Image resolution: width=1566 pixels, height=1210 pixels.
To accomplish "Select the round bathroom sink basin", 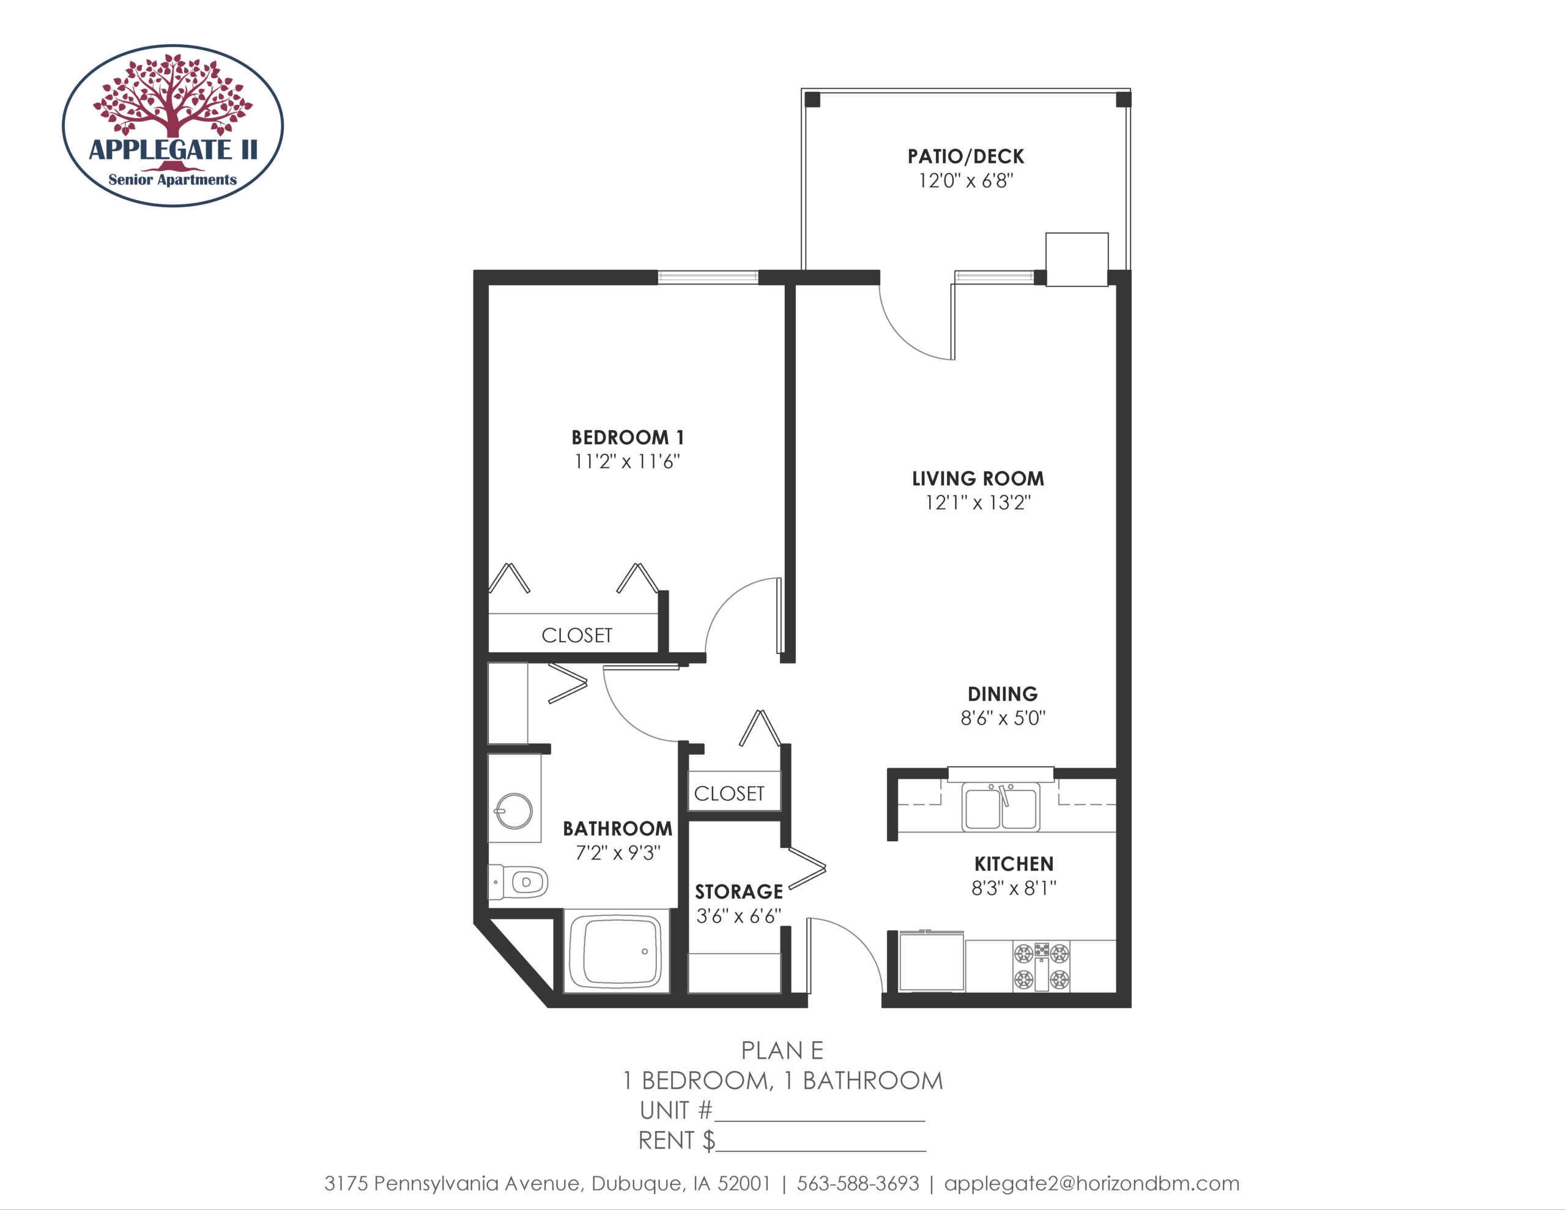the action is pos(514,811).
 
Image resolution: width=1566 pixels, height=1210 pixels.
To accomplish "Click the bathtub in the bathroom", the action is pos(616,951).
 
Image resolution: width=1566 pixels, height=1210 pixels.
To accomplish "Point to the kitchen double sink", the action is pos(1001,807).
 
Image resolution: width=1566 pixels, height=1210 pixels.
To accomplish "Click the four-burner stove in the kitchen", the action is pos(1041,966).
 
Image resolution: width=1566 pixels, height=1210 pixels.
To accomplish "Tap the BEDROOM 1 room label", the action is pos(628,437).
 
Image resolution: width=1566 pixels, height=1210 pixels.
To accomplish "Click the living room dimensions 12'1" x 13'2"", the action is pos(978,502).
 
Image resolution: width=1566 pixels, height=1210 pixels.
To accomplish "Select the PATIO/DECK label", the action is pos(966,157).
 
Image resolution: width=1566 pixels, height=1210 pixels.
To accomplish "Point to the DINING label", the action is pos(1003,694).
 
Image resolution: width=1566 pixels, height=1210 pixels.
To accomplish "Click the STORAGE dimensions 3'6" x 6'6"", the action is pos(738,916).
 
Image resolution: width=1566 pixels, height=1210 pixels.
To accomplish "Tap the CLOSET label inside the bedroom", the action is pos(577,636).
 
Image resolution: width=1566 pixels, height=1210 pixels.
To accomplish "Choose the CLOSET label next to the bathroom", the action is pos(729,793).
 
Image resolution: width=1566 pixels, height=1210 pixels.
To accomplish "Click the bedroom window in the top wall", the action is pos(708,277).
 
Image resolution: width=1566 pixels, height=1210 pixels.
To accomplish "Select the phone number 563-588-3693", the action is pos(858,1184).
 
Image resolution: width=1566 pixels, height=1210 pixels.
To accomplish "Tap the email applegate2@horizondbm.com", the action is pos(1091,1184).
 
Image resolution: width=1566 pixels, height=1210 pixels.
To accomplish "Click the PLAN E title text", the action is pos(782,1050).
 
